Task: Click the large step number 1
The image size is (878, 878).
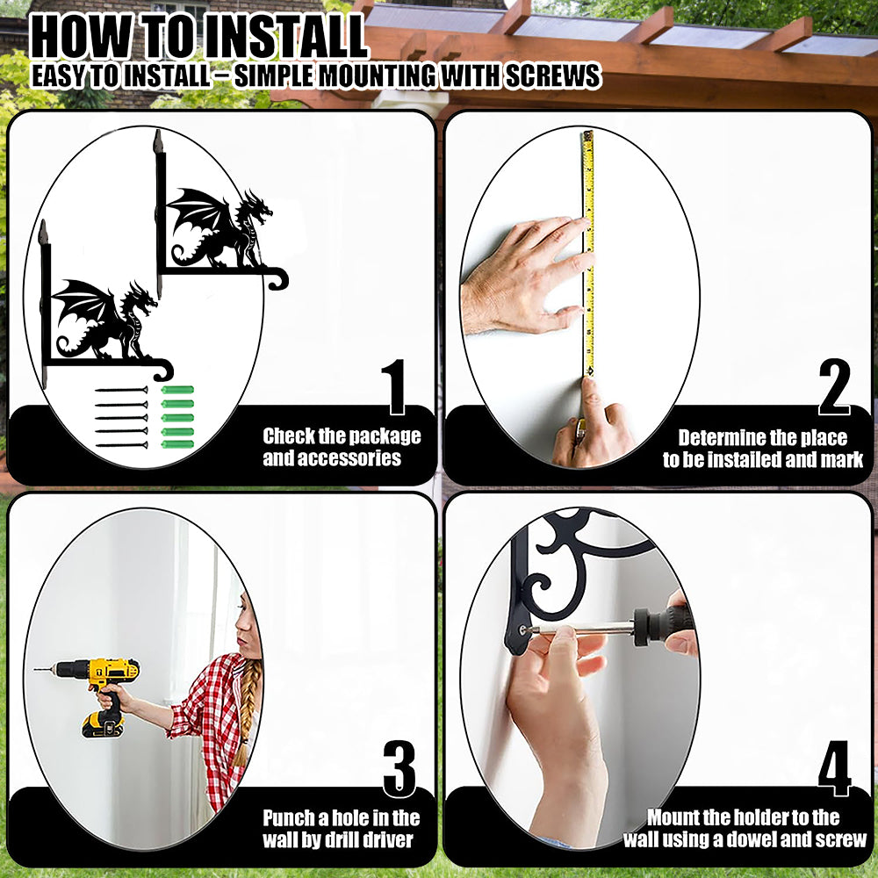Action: [x=396, y=387]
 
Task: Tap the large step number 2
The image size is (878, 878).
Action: [x=834, y=387]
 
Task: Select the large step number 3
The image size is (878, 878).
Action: [x=399, y=769]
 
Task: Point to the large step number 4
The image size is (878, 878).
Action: [x=834, y=769]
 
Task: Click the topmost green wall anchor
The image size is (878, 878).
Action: [x=177, y=390]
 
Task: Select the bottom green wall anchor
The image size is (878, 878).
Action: [x=177, y=444]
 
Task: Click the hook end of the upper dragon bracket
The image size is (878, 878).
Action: [x=279, y=278]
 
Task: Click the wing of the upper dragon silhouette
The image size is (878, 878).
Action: [x=196, y=216]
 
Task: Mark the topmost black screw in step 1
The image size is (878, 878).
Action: [x=121, y=390]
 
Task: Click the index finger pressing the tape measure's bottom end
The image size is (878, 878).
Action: [x=592, y=406]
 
